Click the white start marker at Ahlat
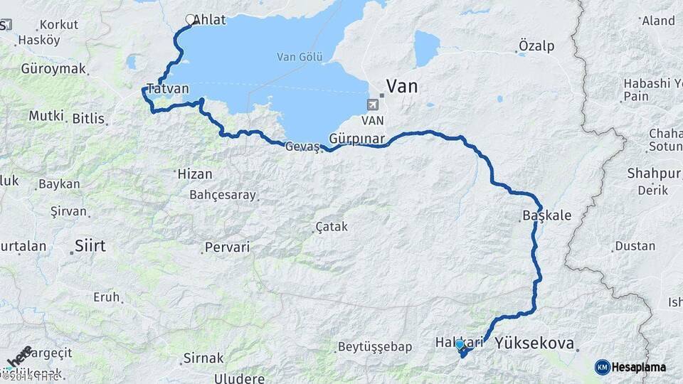pyautogui.click(x=191, y=20)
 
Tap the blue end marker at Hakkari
pyautogui.click(x=460, y=345)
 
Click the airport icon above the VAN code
pyautogui.click(x=372, y=105)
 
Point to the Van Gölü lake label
pyautogui.click(x=300, y=57)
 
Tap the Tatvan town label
pyautogui.click(x=167, y=89)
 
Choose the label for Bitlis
pyautogui.click(x=88, y=119)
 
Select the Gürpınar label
pyautogui.click(x=357, y=138)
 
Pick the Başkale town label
pyautogui.click(x=546, y=215)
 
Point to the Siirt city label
pyautogui.click(x=90, y=246)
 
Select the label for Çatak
pyautogui.click(x=332, y=227)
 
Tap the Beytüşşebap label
pyautogui.click(x=375, y=347)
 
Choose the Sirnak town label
pyautogui.click(x=203, y=358)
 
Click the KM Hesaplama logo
pyautogui.click(x=630, y=367)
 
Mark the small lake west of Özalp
pyautogui.click(x=427, y=48)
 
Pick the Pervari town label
pyautogui.click(x=227, y=247)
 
